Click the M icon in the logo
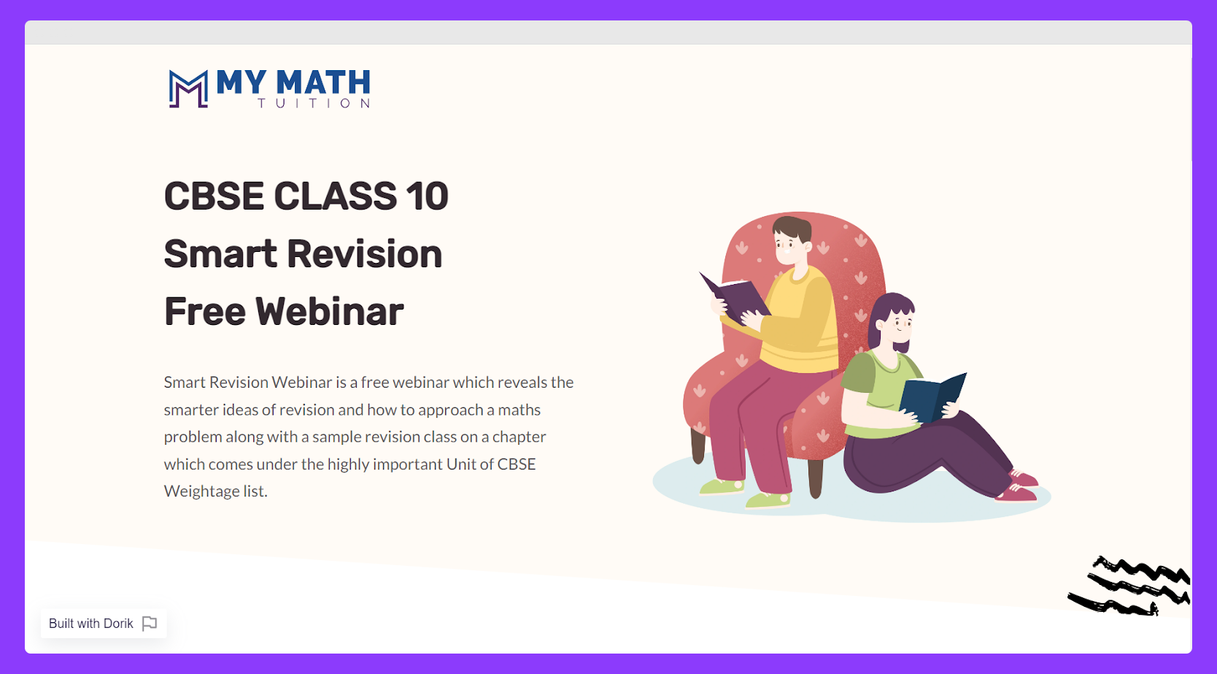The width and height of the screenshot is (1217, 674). [x=188, y=88]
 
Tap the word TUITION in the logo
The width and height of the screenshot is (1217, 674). [x=314, y=103]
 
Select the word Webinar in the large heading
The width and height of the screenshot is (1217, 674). [x=330, y=312]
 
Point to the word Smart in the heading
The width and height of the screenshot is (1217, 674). [x=220, y=254]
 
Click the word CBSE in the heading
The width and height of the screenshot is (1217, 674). [x=214, y=196]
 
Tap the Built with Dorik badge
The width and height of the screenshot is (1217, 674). [x=103, y=623]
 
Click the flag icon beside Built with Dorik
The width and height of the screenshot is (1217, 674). [x=150, y=624]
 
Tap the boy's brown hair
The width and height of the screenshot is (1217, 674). [x=792, y=229]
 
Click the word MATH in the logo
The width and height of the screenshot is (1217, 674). [x=323, y=83]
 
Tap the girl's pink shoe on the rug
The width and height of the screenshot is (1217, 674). [x=1018, y=494]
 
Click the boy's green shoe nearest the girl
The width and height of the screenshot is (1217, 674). [x=768, y=499]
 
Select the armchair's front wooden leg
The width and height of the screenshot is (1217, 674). [x=816, y=479]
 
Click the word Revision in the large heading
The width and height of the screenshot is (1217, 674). [x=365, y=254]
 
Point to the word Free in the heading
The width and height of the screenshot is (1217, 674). [x=204, y=312]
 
